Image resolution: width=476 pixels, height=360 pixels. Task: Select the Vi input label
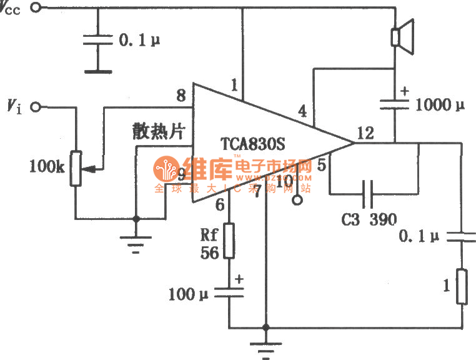tap(14, 107)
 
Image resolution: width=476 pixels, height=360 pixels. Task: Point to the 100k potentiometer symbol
tap(76, 168)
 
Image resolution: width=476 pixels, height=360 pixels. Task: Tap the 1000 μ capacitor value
tap(442, 104)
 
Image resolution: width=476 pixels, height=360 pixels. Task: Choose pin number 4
tap(303, 112)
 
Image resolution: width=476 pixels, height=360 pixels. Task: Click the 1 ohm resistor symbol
tap(462, 287)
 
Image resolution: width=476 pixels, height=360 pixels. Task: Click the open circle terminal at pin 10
tap(297, 202)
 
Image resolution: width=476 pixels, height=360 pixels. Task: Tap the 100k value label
tap(46, 166)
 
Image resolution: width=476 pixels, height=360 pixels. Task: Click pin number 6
tap(219, 204)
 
